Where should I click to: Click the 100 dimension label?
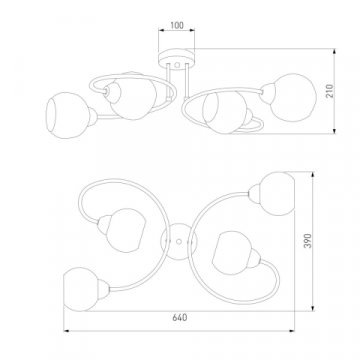pyautogui.click(x=177, y=26)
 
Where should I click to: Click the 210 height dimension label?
pyautogui.click(x=330, y=91)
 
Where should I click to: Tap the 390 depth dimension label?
pyautogui.click(x=308, y=241)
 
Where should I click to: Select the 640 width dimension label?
pyautogui.click(x=180, y=318)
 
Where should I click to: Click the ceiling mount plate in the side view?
pyautogui.click(x=177, y=59)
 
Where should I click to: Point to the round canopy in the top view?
pyautogui.click(x=179, y=241)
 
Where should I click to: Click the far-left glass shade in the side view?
pyautogui.click(x=67, y=115)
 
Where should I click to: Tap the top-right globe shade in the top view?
pyautogui.click(x=277, y=194)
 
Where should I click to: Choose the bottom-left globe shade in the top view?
pyautogui.click(x=81, y=289)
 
